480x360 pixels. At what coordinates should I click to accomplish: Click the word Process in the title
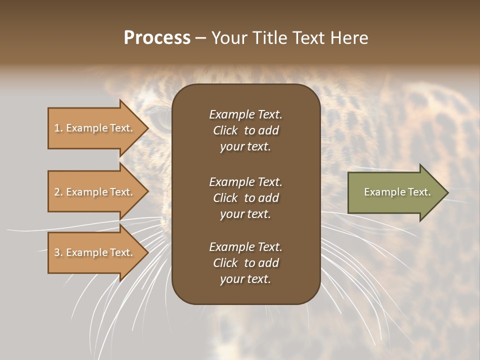(x=157, y=38)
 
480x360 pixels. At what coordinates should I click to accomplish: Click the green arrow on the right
(x=395, y=192)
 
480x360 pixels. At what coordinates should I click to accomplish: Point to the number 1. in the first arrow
(x=58, y=128)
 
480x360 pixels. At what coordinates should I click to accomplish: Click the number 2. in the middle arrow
(x=58, y=192)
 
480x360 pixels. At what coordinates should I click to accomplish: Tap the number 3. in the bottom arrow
(x=58, y=252)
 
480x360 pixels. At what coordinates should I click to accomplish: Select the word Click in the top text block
(x=225, y=130)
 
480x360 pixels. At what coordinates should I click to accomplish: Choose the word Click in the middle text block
(x=225, y=198)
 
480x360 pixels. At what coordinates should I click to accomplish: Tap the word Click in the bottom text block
(x=225, y=263)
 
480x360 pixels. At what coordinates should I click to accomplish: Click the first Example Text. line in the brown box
(x=245, y=114)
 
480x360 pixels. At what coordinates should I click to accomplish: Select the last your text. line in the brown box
(x=245, y=279)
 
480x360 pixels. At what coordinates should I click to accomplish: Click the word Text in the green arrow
(x=419, y=192)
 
